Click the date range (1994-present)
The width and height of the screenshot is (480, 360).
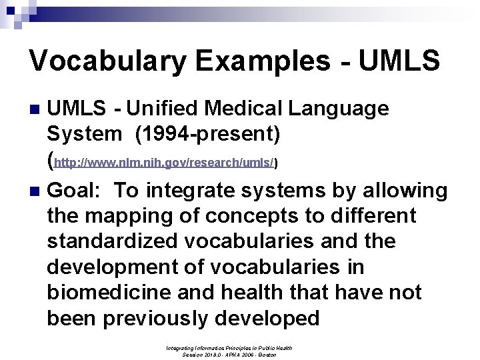[x=207, y=134]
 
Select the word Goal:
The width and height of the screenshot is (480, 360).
[x=75, y=191]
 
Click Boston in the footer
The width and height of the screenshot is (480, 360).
[x=267, y=355]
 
